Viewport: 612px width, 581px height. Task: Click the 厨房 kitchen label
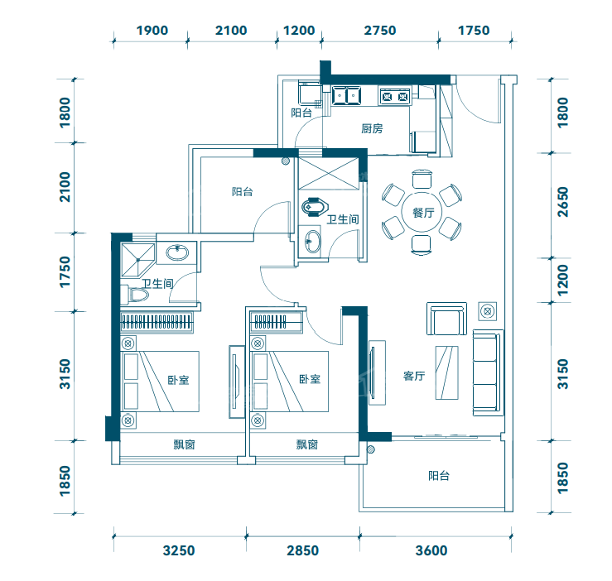click(x=372, y=128)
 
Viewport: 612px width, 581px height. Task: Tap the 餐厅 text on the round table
click(x=423, y=213)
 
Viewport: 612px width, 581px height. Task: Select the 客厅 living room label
click(x=414, y=376)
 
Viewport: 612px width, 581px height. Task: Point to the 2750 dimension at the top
click(x=380, y=31)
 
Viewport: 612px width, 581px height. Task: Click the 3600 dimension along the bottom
click(x=431, y=550)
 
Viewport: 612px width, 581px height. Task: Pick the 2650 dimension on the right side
click(x=562, y=202)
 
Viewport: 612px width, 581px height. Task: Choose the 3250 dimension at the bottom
click(x=179, y=550)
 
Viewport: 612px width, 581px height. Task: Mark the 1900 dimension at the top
click(x=152, y=31)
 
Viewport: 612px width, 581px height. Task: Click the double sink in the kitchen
click(x=346, y=95)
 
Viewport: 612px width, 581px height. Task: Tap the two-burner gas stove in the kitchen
click(x=394, y=96)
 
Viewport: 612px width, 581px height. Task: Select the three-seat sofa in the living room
click(x=488, y=372)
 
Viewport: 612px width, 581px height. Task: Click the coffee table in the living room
click(x=447, y=372)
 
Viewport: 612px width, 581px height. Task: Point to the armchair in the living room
click(x=446, y=319)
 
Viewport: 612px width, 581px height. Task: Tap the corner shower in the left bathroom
click(x=137, y=260)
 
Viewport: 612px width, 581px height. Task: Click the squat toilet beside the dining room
click(x=315, y=206)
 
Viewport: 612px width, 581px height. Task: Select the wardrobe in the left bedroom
click(x=157, y=322)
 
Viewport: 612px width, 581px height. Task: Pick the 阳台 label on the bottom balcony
click(x=439, y=476)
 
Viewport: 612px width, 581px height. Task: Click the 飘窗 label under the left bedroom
click(x=184, y=444)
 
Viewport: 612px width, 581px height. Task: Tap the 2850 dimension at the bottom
click(x=303, y=550)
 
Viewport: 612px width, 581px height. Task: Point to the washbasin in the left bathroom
click(x=177, y=252)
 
